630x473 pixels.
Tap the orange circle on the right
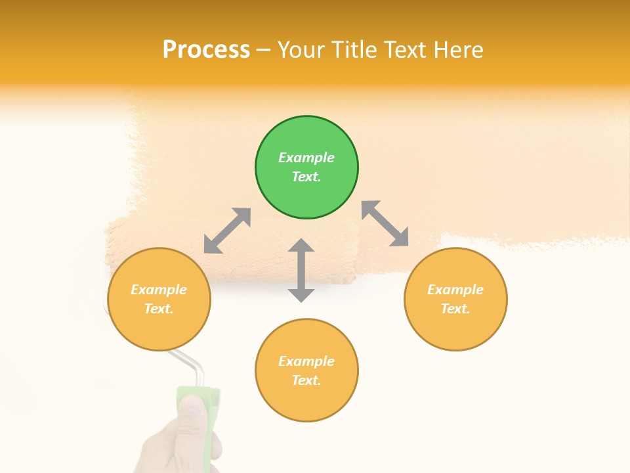[x=455, y=299]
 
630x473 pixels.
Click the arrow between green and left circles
[x=227, y=231]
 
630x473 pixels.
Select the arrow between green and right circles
[x=385, y=223]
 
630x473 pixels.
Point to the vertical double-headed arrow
[x=301, y=270]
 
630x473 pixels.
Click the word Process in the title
[x=206, y=49]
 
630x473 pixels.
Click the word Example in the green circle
[x=306, y=158]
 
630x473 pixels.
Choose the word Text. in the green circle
[x=306, y=177]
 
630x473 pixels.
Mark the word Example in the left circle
[x=159, y=290]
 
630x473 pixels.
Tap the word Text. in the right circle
[x=455, y=309]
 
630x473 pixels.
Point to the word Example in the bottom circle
[x=306, y=361]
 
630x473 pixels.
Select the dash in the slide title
[x=264, y=49]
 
